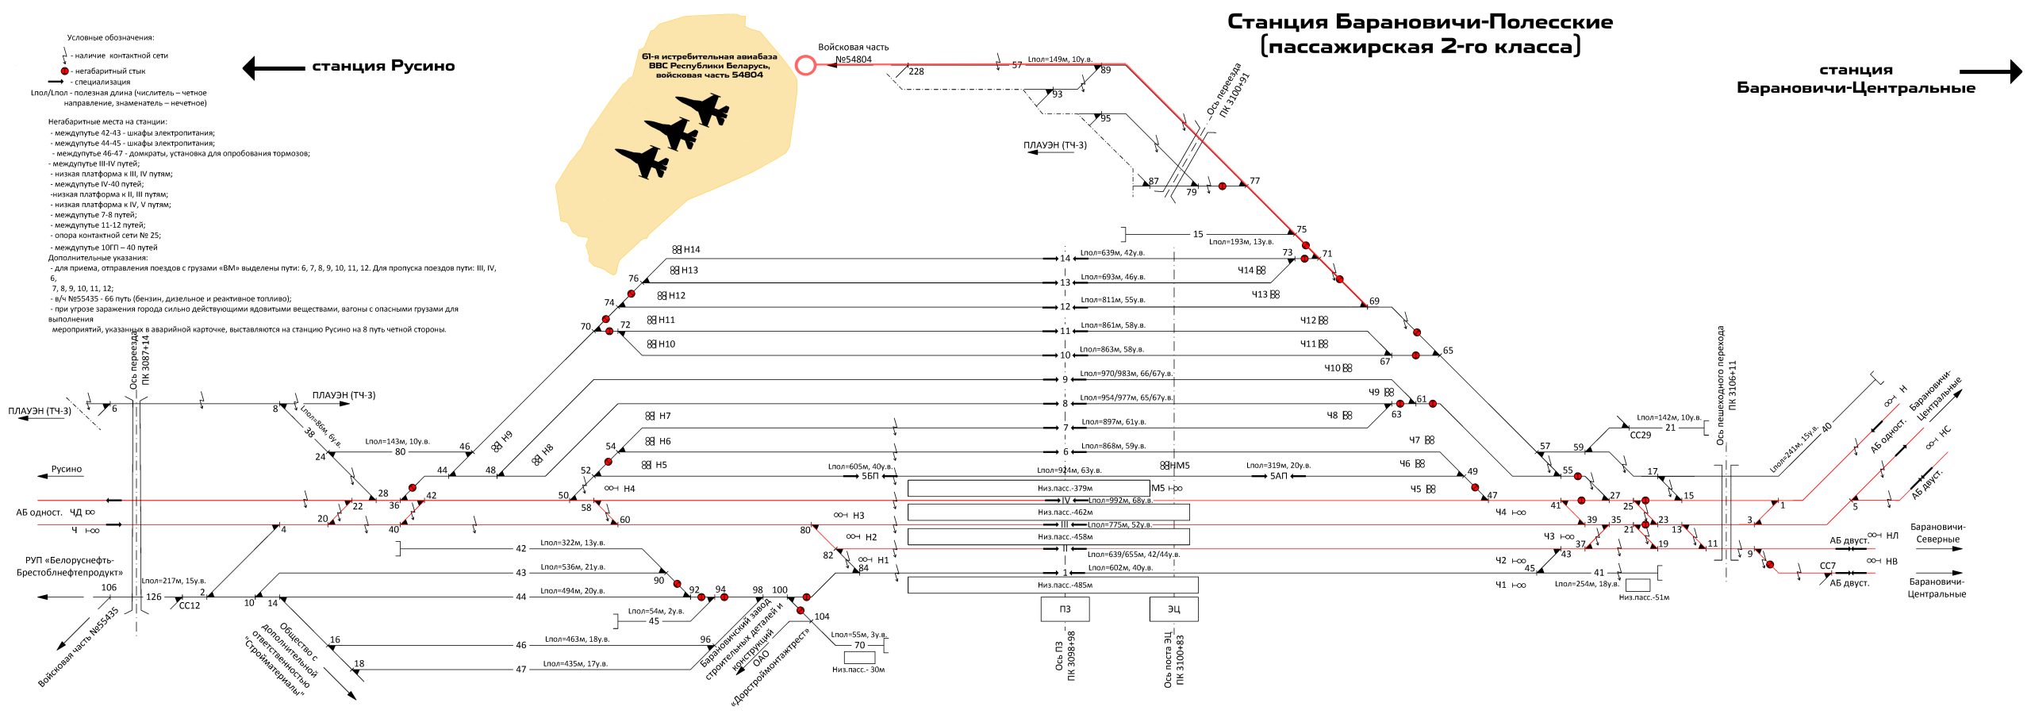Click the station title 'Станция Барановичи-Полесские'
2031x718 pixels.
(1419, 22)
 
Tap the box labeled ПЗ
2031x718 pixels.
(1065, 609)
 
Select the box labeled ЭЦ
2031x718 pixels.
(1173, 609)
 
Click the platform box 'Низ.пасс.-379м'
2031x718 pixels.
(1028, 488)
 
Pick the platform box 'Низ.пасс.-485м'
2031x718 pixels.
(1052, 586)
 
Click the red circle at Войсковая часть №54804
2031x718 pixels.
(805, 65)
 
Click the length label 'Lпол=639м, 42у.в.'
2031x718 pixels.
(1112, 253)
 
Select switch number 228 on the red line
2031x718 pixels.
(916, 71)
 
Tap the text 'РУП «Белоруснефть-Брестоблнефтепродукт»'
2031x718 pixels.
(70, 566)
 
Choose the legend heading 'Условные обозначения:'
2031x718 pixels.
(110, 37)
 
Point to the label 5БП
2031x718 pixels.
(870, 476)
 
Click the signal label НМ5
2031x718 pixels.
(1179, 466)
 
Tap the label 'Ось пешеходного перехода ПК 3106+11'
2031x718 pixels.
(1726, 386)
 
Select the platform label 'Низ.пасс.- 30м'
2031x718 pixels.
(858, 670)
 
